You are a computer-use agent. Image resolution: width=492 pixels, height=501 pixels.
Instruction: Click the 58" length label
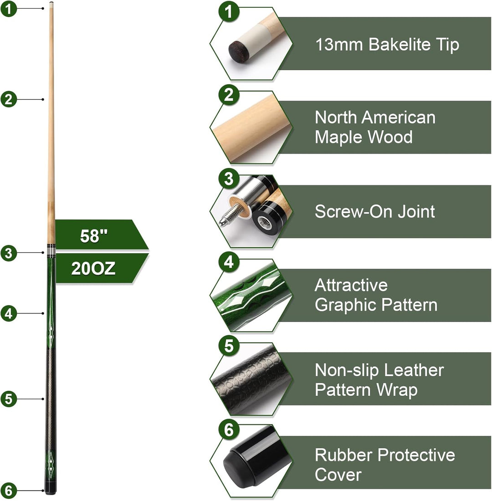point(94,236)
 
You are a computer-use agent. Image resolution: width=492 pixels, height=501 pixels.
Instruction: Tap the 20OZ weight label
point(93,268)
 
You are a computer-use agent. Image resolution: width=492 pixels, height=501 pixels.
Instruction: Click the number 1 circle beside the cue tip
point(9,9)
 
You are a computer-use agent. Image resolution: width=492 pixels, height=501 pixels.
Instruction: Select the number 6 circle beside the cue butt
point(9,491)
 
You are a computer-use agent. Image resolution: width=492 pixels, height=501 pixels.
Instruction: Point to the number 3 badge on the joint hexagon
point(229,179)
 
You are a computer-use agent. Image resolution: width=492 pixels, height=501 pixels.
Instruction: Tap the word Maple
point(338,137)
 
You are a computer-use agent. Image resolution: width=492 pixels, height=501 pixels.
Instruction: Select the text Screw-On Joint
point(374,211)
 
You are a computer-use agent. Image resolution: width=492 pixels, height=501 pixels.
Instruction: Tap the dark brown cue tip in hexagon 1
point(240,52)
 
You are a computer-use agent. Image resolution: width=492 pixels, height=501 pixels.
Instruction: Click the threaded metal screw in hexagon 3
point(229,216)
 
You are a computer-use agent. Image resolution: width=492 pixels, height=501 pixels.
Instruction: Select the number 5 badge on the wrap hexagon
point(229,346)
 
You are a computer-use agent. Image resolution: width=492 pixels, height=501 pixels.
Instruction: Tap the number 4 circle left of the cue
point(9,313)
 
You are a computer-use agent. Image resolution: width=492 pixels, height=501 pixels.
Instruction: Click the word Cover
point(338,475)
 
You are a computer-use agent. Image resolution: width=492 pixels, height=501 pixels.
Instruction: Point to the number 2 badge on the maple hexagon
point(229,95)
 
